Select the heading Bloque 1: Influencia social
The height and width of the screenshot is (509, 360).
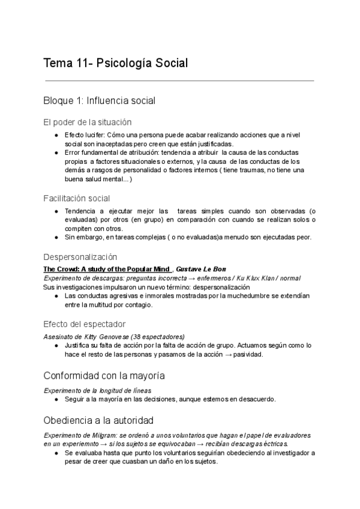100,100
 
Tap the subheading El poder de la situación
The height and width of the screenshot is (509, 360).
88,122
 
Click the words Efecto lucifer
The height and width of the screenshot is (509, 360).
84,135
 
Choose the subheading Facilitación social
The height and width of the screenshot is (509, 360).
76,197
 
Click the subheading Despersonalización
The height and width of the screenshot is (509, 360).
80,256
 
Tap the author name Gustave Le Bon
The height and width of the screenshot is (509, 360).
201,269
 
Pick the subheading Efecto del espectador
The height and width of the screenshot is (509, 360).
85,324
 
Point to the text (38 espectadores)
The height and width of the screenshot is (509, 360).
158,336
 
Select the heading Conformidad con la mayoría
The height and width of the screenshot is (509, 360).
104,376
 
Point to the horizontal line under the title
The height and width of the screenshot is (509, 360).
179,80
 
